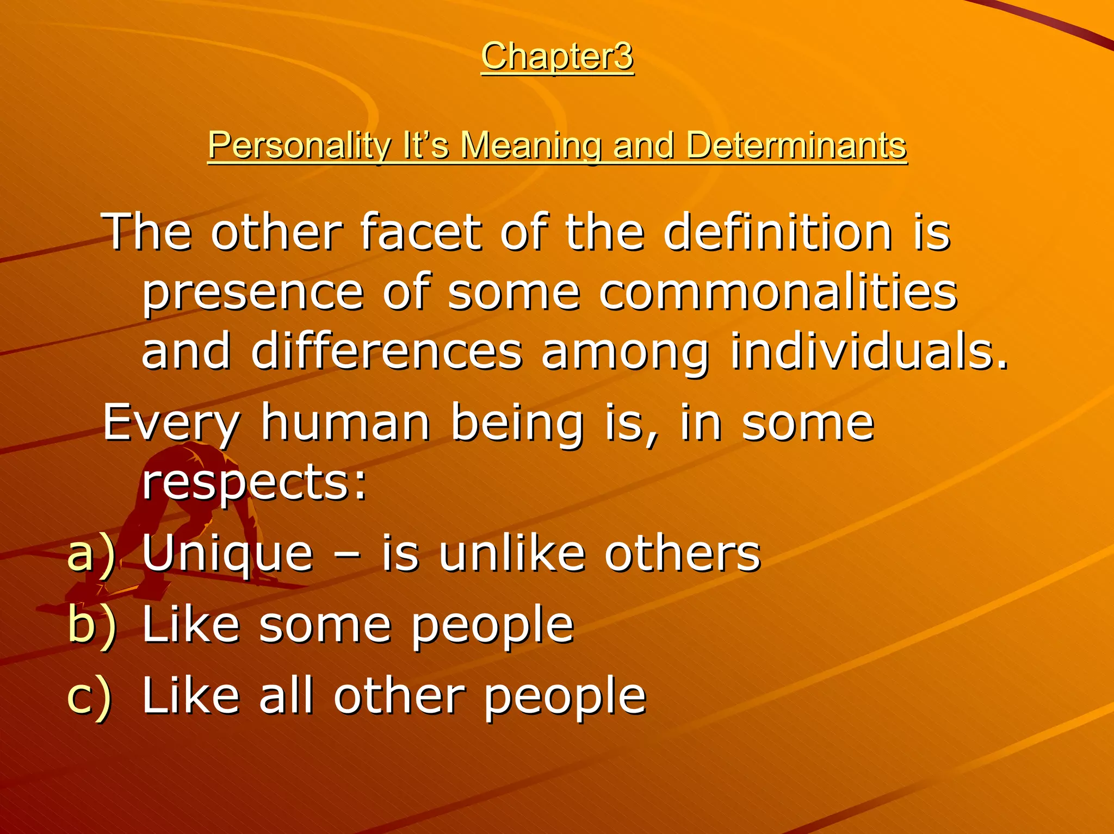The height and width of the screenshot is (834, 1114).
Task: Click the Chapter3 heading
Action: click(x=557, y=56)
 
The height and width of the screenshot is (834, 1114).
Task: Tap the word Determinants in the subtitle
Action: click(x=796, y=146)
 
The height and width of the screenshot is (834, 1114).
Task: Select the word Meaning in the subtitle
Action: click(x=531, y=146)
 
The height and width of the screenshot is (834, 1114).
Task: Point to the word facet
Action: click(x=420, y=233)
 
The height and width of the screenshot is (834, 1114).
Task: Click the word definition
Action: click(x=778, y=233)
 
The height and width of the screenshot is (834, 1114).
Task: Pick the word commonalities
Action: click(x=778, y=292)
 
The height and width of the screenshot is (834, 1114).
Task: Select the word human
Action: click(x=345, y=423)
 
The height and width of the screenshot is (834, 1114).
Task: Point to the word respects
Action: click(x=254, y=483)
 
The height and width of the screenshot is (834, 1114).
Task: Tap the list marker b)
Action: click(x=91, y=624)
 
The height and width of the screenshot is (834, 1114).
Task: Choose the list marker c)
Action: click(x=90, y=696)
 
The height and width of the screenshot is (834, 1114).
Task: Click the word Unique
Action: click(x=228, y=555)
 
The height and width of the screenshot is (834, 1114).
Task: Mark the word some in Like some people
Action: click(x=325, y=625)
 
